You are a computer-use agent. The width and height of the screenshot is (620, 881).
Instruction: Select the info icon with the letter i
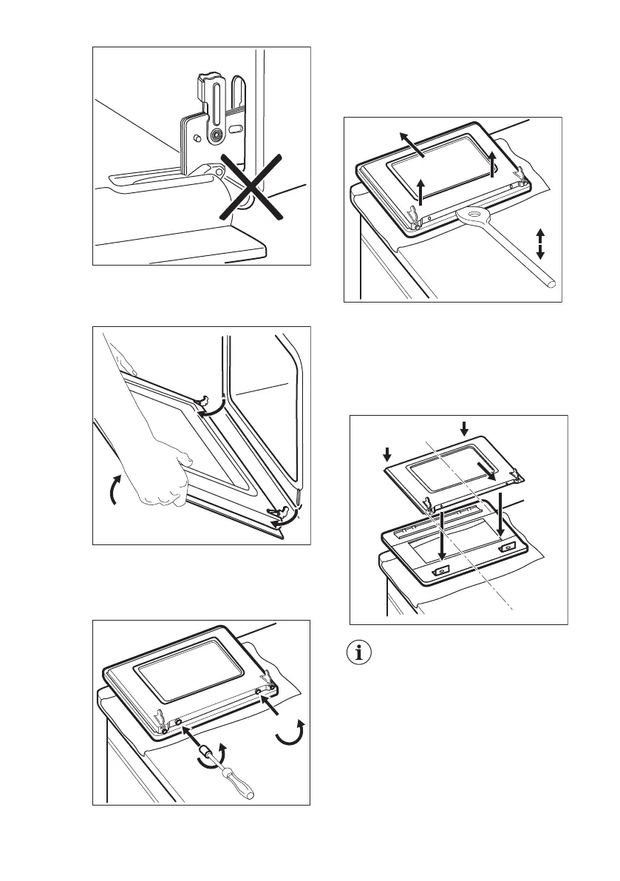coord(361,654)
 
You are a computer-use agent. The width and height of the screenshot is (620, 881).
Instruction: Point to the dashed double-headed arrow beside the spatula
coord(540,243)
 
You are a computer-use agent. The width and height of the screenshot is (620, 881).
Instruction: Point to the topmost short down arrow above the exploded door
coord(463,428)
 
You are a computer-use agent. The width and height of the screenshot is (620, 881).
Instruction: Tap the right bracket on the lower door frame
coord(508,548)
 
